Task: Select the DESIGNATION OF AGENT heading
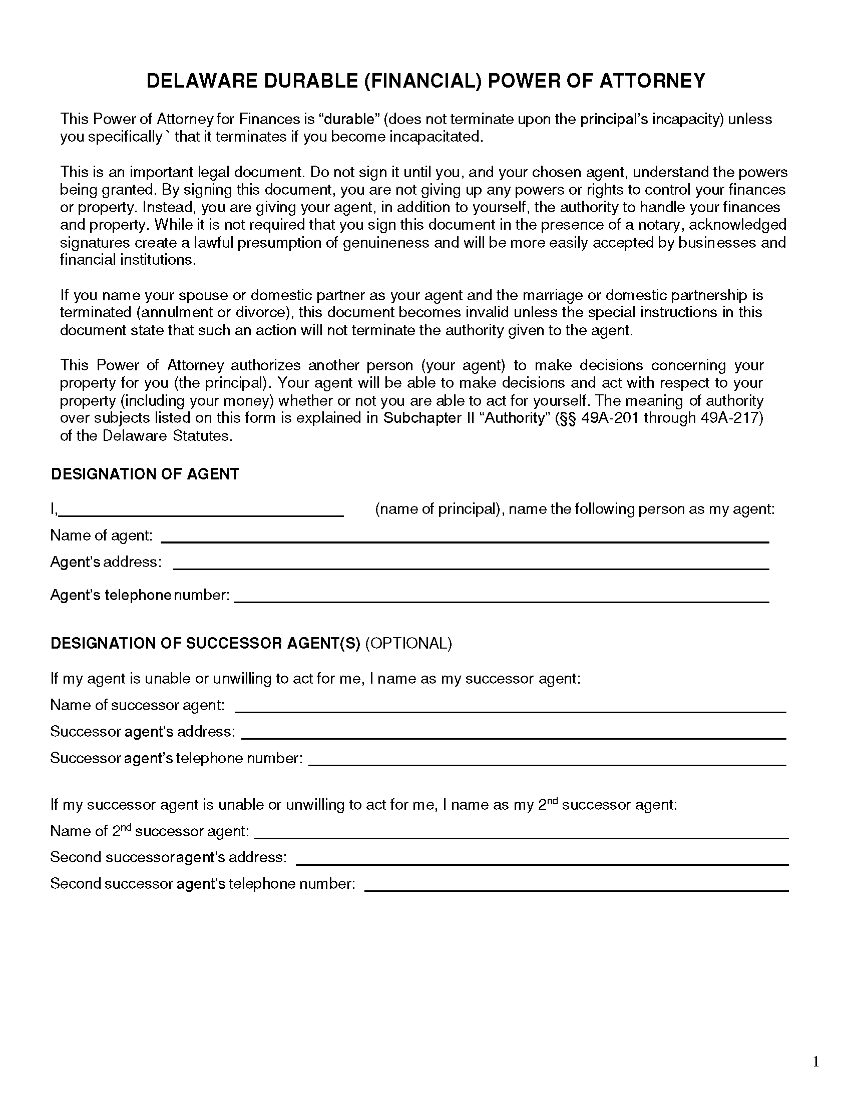tap(145, 474)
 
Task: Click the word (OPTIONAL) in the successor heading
tap(408, 643)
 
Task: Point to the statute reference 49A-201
tap(610, 418)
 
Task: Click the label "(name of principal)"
tap(439, 509)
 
